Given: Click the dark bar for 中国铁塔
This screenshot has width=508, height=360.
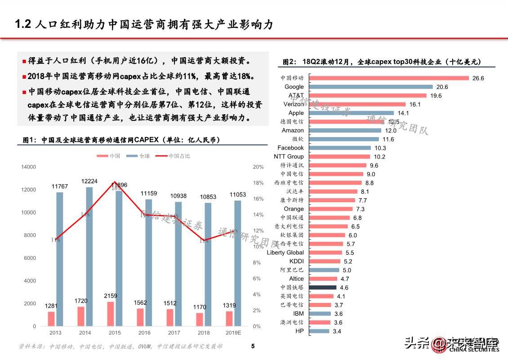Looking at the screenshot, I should point(322,287).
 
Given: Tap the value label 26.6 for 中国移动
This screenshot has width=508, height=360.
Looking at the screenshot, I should point(478,78).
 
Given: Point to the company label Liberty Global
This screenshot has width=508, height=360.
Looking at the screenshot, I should point(285,253).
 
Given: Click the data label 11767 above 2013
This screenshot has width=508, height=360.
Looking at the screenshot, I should point(59,187).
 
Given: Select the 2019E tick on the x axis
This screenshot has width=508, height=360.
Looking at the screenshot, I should point(233,333).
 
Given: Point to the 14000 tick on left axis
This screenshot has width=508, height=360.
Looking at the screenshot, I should point(28,167).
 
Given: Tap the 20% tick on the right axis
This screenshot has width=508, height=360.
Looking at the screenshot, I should point(258,167).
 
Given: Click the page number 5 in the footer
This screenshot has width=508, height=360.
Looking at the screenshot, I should point(253,346).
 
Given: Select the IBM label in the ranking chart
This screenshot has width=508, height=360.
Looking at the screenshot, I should point(298,314).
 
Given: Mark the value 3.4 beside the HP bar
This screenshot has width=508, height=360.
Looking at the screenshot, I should point(337,331).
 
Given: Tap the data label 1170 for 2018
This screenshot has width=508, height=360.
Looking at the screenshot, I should point(200,307).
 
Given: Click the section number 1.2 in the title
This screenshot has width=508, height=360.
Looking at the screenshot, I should point(22,24).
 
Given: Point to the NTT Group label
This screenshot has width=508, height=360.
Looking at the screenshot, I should point(289,156).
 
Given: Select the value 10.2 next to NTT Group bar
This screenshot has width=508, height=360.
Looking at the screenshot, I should point(379,157).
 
